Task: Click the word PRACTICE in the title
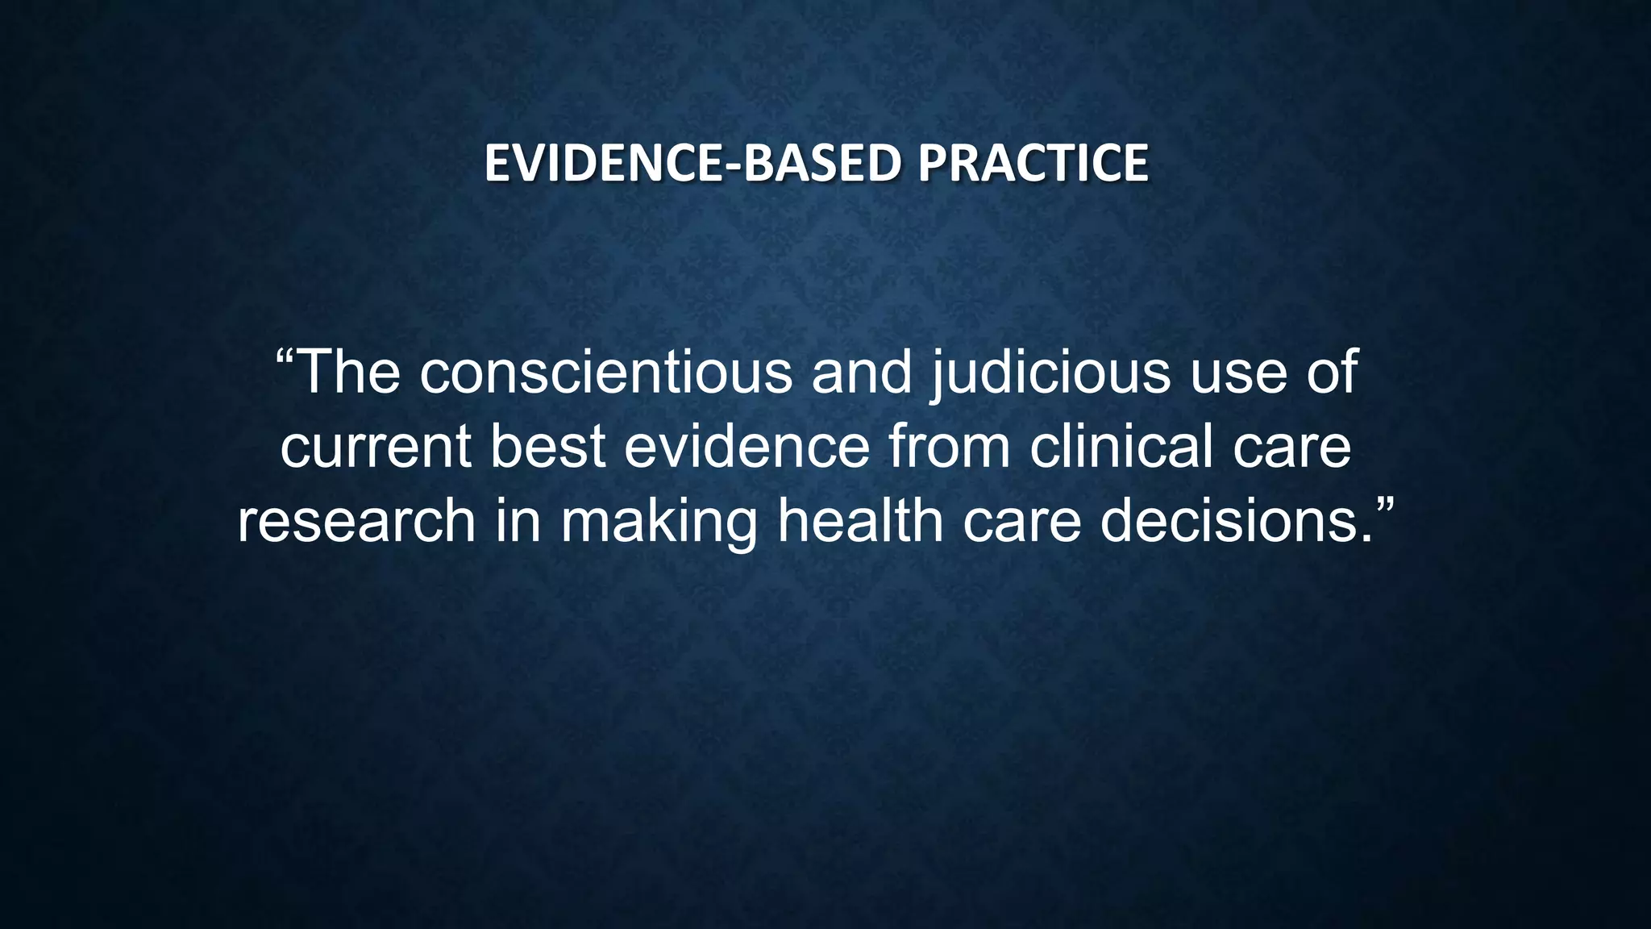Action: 1033,163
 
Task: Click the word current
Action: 376,447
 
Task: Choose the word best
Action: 547,447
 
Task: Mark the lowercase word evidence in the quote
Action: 747,447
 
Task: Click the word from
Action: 949,447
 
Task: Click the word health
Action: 860,521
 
